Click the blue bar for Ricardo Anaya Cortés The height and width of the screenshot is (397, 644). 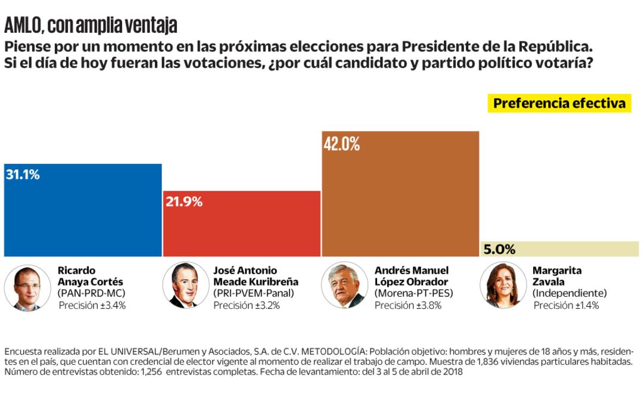pyautogui.click(x=83, y=215)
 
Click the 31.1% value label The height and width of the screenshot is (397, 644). pyautogui.click(x=23, y=175)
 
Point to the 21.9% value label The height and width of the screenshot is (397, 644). pyautogui.click(x=184, y=202)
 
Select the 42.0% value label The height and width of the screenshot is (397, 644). pyautogui.click(x=341, y=145)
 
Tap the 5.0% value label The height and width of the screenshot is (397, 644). pyautogui.click(x=499, y=250)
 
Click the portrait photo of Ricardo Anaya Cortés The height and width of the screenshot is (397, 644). pyautogui.click(x=27, y=287)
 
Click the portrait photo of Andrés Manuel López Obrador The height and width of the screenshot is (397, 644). pyautogui.click(x=344, y=286)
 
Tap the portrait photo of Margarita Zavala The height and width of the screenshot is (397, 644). pyautogui.click(x=502, y=286)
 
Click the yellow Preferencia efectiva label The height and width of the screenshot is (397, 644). pyautogui.click(x=559, y=103)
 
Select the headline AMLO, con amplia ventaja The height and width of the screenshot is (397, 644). pyautogui.click(x=91, y=26)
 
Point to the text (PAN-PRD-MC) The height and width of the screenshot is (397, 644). pyautogui.click(x=91, y=293)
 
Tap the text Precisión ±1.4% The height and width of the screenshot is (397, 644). pyautogui.click(x=566, y=305)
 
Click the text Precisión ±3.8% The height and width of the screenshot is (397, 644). pyautogui.click(x=408, y=305)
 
